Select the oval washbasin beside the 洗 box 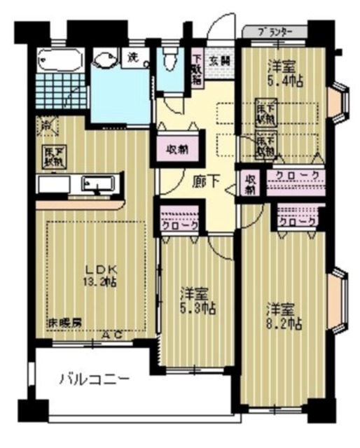[107, 61]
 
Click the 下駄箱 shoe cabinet [198, 69]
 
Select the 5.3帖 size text [197, 309]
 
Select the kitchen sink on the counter [95, 185]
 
